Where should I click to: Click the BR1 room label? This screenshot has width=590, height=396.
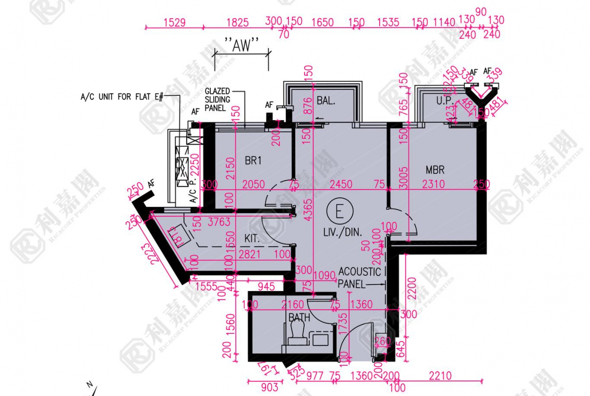click(253, 161)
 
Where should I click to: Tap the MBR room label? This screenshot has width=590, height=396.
click(435, 170)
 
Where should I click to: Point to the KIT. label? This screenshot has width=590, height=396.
click(253, 237)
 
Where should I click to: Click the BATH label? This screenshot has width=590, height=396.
click(299, 317)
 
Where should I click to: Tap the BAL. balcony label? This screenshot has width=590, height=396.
click(326, 101)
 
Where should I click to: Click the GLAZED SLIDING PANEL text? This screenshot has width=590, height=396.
click(217, 99)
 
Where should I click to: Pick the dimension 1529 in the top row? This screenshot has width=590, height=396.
click(174, 23)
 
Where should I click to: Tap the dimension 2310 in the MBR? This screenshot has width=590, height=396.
click(433, 185)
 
